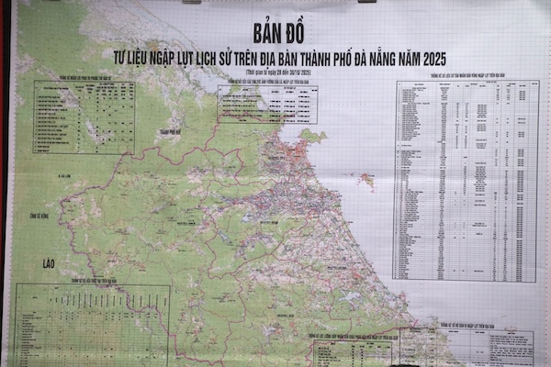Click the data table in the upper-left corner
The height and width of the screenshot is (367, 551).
(x=84, y=117)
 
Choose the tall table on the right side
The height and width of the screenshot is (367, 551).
(x=466, y=180)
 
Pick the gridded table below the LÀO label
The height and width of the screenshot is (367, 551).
(x=92, y=326)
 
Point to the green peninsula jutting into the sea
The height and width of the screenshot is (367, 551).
(x=309, y=138)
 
